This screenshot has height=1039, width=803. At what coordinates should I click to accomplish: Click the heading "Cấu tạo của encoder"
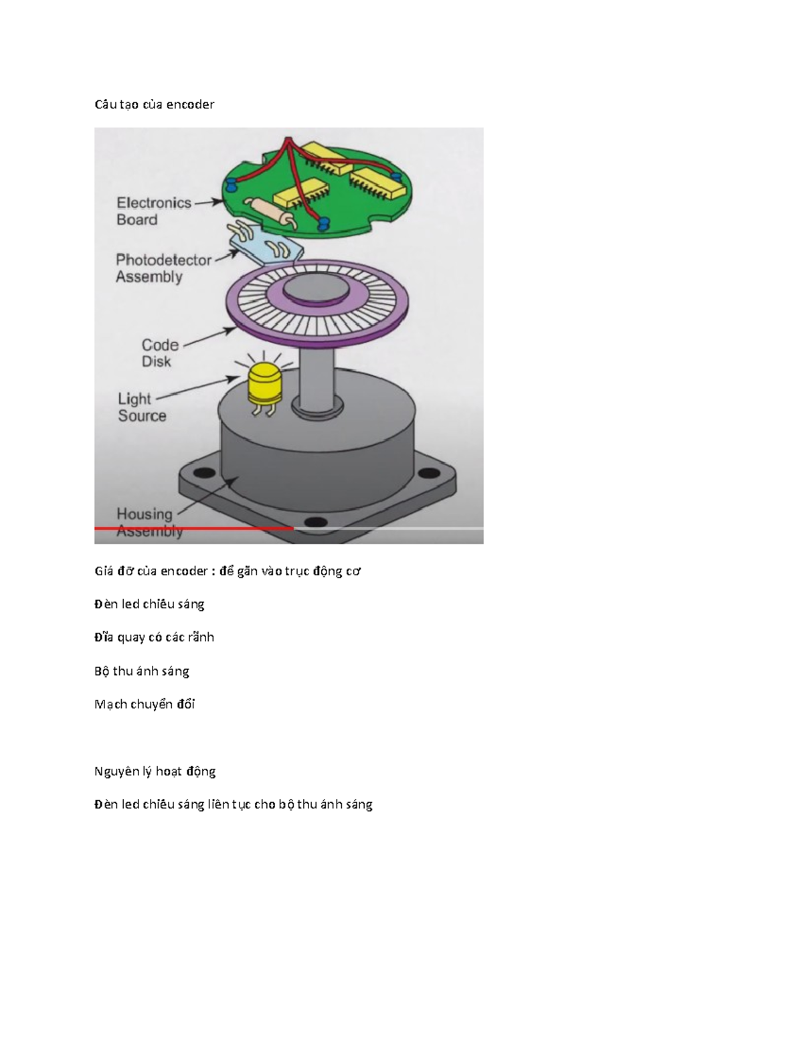[154, 104]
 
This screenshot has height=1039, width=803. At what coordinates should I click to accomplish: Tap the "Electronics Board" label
[153, 211]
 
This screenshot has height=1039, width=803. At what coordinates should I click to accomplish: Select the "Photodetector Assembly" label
[163, 268]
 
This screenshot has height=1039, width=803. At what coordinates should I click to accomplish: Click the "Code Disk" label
[159, 353]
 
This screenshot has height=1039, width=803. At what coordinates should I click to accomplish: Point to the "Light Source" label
[142, 407]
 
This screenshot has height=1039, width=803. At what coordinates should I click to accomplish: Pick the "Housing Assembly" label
[149, 522]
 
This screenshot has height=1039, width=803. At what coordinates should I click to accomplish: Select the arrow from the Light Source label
[197, 389]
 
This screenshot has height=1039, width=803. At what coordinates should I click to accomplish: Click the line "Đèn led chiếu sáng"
[149, 604]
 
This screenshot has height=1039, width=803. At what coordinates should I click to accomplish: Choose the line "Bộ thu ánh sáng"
[142, 671]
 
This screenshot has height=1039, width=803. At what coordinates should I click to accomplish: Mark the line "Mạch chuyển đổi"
[145, 704]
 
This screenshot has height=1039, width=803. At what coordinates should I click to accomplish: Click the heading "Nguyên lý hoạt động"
[155, 771]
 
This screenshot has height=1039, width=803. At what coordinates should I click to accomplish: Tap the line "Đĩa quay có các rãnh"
[154, 637]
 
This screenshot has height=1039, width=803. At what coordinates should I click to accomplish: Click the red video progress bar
[194, 529]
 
